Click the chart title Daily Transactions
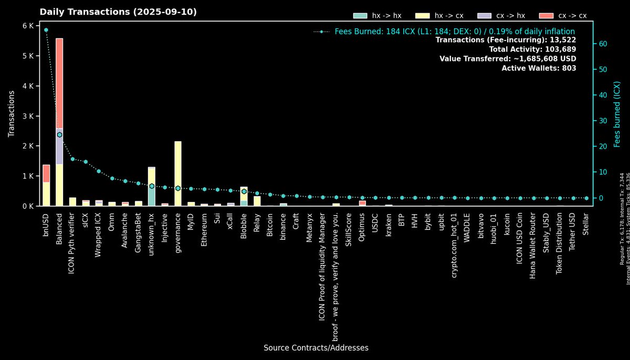(x=118, y=12)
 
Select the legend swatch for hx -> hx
(x=360, y=16)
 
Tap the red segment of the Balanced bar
(x=59, y=81)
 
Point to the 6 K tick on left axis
(x=27, y=26)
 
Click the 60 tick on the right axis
(x=603, y=44)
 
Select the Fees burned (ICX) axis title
(x=617, y=114)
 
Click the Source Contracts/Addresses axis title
(x=316, y=348)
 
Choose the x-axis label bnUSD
(x=46, y=223)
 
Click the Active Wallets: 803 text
(x=539, y=68)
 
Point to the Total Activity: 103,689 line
(x=532, y=49)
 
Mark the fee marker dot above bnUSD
(x=46, y=30)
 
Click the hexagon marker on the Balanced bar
(x=59, y=135)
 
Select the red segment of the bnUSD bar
(x=46, y=173)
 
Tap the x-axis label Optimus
(x=362, y=227)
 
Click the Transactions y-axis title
(x=12, y=114)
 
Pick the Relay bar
(x=257, y=200)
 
